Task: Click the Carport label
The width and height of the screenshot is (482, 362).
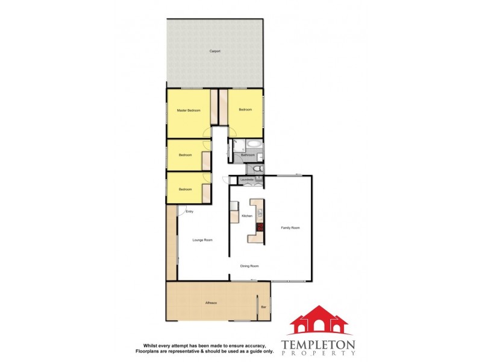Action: (215, 51)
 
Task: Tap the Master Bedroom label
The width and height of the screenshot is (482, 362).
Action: (188, 111)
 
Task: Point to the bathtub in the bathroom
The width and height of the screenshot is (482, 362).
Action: (254, 145)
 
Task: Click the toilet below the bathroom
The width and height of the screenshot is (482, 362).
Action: (257, 168)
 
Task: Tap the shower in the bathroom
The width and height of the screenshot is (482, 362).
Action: (237, 145)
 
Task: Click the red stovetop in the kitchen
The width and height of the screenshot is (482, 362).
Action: (260, 227)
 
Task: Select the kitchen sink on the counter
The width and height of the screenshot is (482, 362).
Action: (260, 212)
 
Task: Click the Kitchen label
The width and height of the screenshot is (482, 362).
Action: (246, 216)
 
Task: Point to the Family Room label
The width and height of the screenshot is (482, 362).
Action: (290, 227)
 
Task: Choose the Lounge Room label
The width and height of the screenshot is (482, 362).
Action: (202, 240)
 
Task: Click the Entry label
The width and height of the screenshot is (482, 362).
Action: (189, 212)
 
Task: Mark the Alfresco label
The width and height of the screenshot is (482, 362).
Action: (211, 303)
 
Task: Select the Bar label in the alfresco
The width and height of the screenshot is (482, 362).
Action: (263, 308)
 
